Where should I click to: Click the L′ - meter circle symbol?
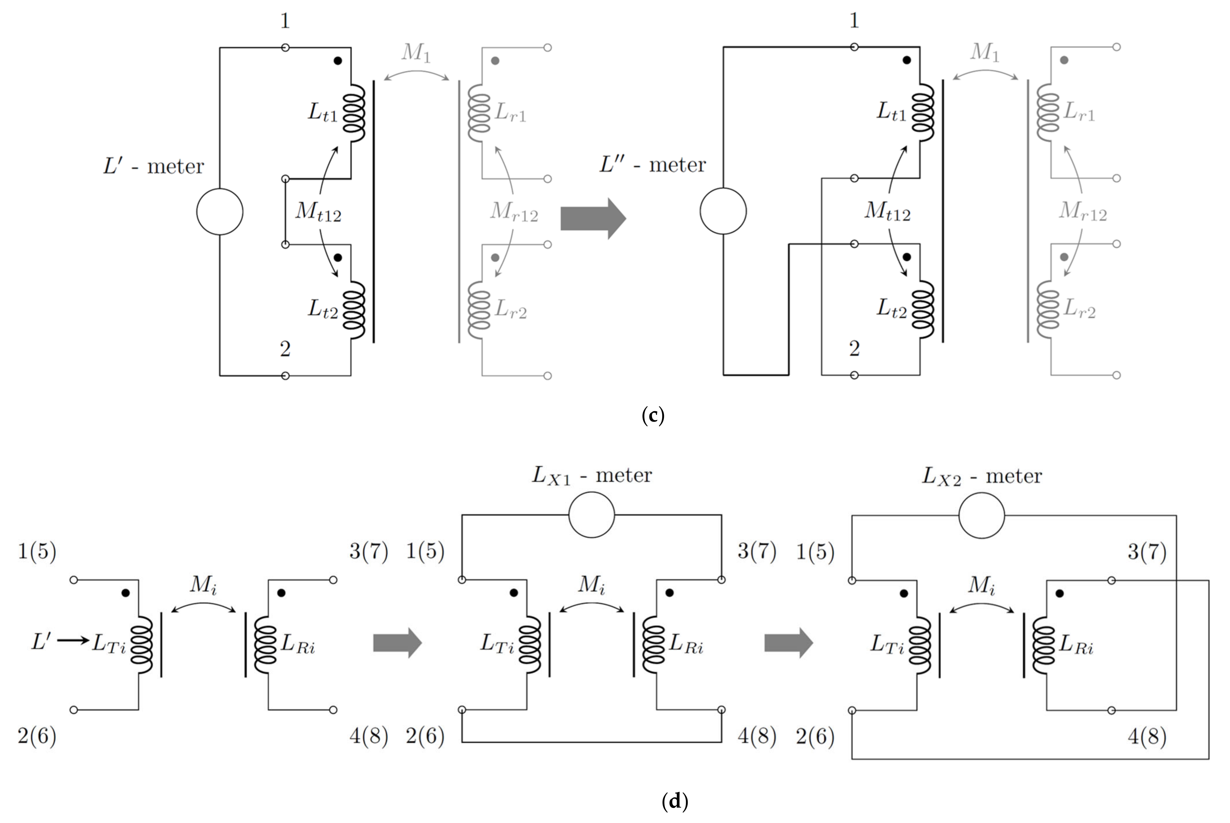tap(219, 212)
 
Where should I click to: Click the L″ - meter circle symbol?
tap(723, 211)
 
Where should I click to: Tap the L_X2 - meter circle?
tap(981, 515)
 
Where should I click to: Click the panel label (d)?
tap(674, 801)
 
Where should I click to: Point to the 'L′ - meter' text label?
tap(153, 166)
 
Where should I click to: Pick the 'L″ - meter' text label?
tap(653, 165)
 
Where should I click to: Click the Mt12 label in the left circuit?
tap(318, 212)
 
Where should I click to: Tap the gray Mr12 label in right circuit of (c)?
tap(1082, 212)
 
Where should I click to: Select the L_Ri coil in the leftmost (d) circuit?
tap(265, 645)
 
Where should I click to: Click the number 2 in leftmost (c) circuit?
tap(285, 349)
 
